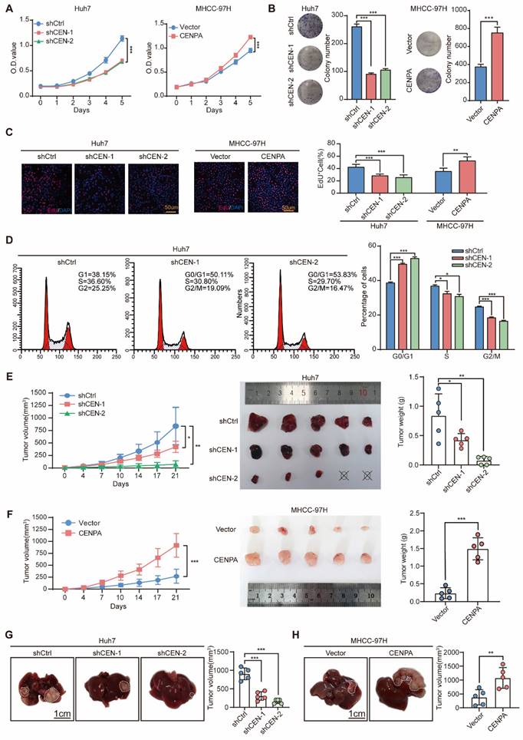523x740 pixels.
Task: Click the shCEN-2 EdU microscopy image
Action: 154,180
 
